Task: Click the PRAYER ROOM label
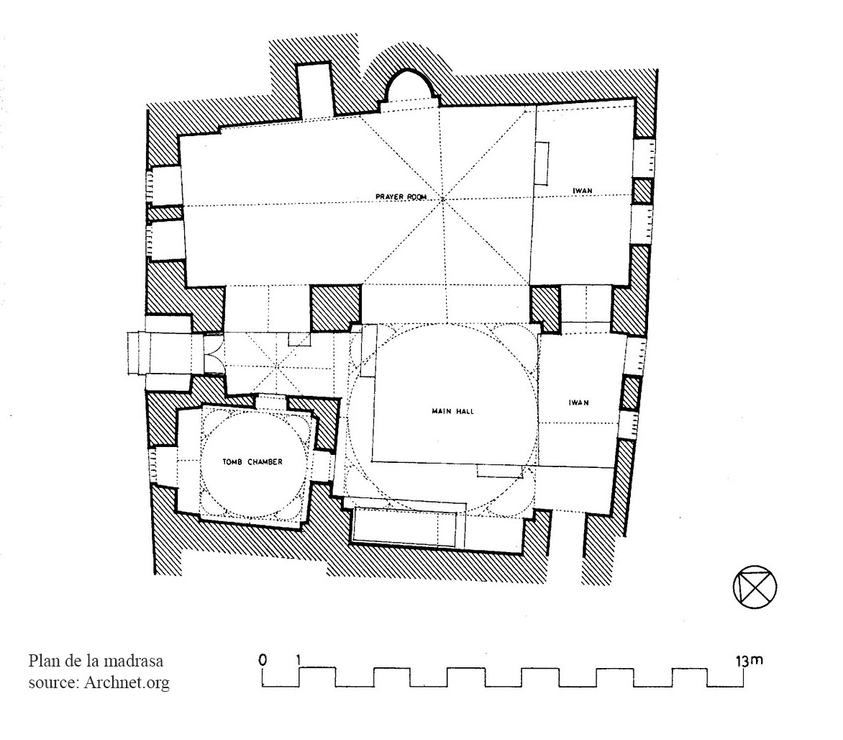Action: [x=401, y=197]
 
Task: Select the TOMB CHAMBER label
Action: [x=252, y=461]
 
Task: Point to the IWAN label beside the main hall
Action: [x=578, y=402]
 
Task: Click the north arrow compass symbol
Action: [x=755, y=587]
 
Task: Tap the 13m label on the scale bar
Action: [x=749, y=660]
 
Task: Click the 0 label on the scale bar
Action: [x=263, y=660]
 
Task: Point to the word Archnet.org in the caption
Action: [x=127, y=682]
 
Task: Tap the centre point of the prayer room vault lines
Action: [x=443, y=199]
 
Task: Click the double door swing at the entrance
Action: [x=214, y=353]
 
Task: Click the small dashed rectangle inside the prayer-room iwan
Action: [x=542, y=163]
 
